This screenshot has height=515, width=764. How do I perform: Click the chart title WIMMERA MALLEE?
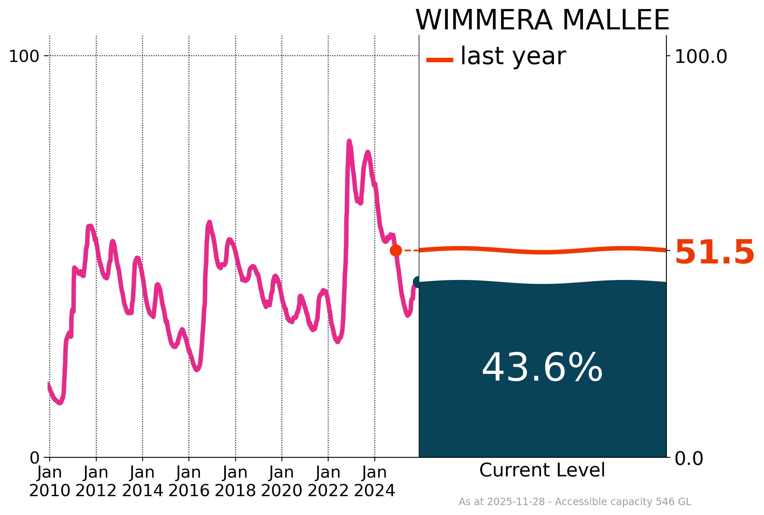[542, 20]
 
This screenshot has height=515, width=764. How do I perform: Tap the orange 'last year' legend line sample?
[439, 60]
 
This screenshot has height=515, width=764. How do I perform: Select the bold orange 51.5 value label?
[714, 252]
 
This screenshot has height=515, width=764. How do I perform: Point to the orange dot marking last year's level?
[396, 250]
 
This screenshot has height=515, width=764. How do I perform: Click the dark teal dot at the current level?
[417, 282]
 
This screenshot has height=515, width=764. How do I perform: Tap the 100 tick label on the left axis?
[24, 57]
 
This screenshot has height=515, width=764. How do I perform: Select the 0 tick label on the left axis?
[34, 458]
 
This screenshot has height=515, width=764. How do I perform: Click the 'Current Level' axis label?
[542, 470]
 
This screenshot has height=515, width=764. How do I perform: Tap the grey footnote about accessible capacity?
[575, 502]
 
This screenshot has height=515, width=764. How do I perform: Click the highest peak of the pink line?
[349, 141]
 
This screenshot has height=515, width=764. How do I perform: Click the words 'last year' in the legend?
[513, 57]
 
